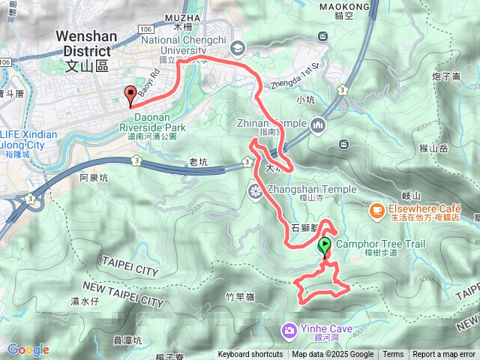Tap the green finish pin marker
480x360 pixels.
tap(325, 246)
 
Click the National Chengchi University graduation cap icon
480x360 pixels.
tap(238, 46)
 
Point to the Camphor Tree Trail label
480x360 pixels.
tap(380, 244)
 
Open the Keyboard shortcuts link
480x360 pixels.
tap(250, 355)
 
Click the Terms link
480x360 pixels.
tap(392, 355)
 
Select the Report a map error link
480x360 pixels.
tap(445, 355)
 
